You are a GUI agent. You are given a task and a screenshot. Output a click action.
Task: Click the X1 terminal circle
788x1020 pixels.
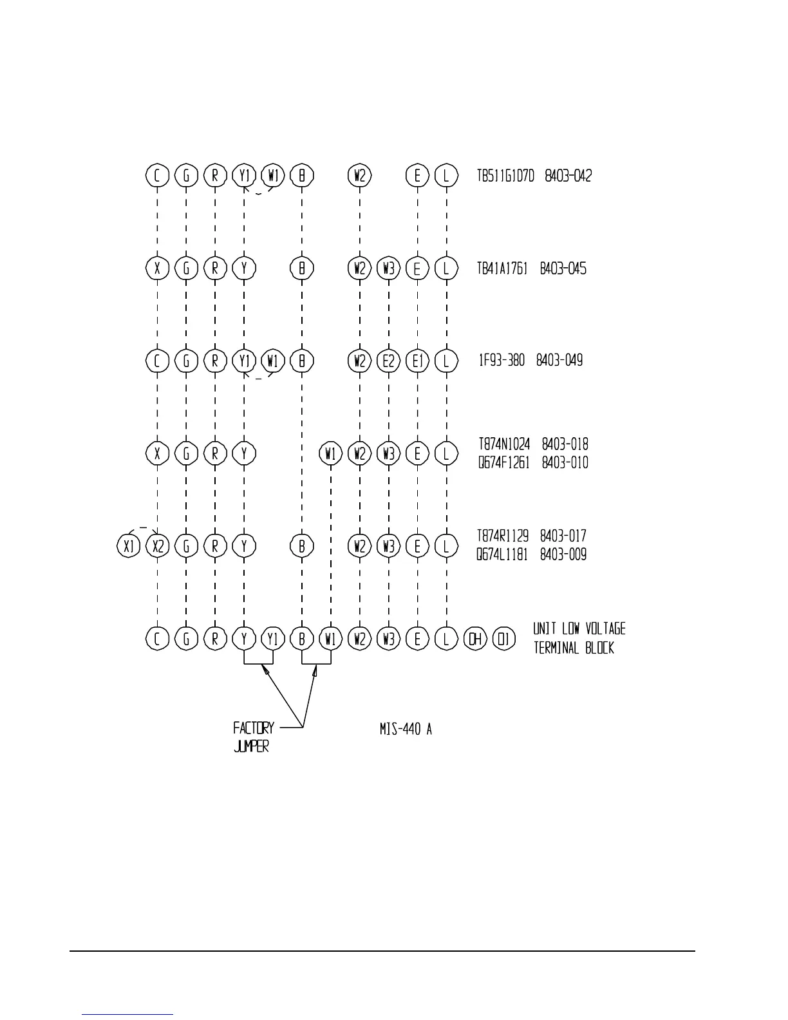[x=129, y=546]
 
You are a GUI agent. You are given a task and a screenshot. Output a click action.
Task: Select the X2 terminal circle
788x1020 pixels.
[x=158, y=546]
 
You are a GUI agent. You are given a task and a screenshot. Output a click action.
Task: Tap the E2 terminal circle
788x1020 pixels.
[x=389, y=361]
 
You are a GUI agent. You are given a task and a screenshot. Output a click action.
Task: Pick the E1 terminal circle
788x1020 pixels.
[x=418, y=361]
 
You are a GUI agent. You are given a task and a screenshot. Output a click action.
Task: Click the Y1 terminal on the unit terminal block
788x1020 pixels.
[x=273, y=639]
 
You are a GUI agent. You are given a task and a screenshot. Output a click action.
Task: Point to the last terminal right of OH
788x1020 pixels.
[x=504, y=639]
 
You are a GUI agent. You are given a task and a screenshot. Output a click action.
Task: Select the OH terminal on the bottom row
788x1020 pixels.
[x=475, y=639]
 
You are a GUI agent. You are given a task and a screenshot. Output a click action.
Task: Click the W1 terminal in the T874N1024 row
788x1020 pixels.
[x=331, y=454]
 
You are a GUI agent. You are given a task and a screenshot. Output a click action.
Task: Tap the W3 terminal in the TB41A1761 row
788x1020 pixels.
[x=389, y=268]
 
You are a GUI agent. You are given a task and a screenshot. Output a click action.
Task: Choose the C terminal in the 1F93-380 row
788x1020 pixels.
[x=158, y=361]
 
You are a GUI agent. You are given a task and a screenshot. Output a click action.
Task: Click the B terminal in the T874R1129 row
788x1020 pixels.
[x=302, y=546]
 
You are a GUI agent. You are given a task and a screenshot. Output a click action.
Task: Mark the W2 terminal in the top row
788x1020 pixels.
[x=360, y=175]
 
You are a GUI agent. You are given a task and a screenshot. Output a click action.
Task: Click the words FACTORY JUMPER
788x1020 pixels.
[x=253, y=737]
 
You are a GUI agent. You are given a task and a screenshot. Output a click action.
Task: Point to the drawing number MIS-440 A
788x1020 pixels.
[x=406, y=729]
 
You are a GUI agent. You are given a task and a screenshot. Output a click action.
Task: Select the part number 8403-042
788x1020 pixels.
[x=568, y=176]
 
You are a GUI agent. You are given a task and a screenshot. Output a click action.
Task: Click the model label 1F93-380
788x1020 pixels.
[x=501, y=361]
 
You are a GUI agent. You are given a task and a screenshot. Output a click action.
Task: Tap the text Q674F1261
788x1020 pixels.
[x=503, y=463]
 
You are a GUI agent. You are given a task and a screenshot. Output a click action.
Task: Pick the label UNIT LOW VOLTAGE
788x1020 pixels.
[x=579, y=629]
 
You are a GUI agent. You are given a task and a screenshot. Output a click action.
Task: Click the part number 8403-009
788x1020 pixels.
[x=563, y=555]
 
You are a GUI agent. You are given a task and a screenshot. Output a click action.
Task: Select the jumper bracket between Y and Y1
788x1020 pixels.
[x=258, y=663]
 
